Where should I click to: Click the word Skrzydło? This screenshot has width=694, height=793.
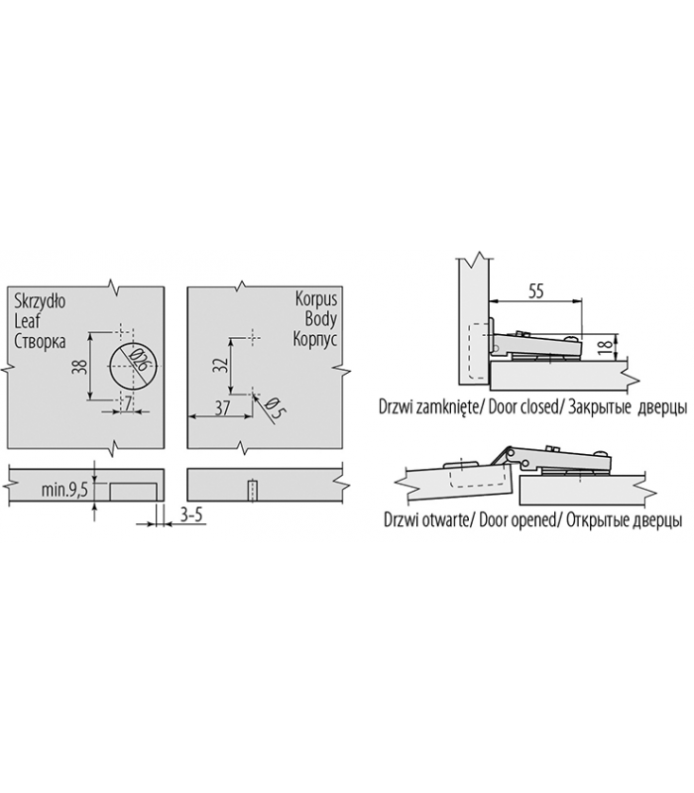coord(40,301)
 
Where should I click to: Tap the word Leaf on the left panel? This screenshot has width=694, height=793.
coord(28,320)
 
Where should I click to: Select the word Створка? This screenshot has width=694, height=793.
coord(40,341)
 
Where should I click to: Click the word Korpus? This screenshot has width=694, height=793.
coord(316,299)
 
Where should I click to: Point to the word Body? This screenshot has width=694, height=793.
coord(320,319)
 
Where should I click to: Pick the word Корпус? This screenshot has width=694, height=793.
coord(315,338)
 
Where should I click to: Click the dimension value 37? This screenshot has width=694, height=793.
coord(222,407)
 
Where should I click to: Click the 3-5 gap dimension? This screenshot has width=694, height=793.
coord(191,514)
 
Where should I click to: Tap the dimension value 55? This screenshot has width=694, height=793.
coord(535,291)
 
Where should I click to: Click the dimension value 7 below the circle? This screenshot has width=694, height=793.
coord(128,403)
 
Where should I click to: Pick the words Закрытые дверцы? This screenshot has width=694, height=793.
coord(628,407)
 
